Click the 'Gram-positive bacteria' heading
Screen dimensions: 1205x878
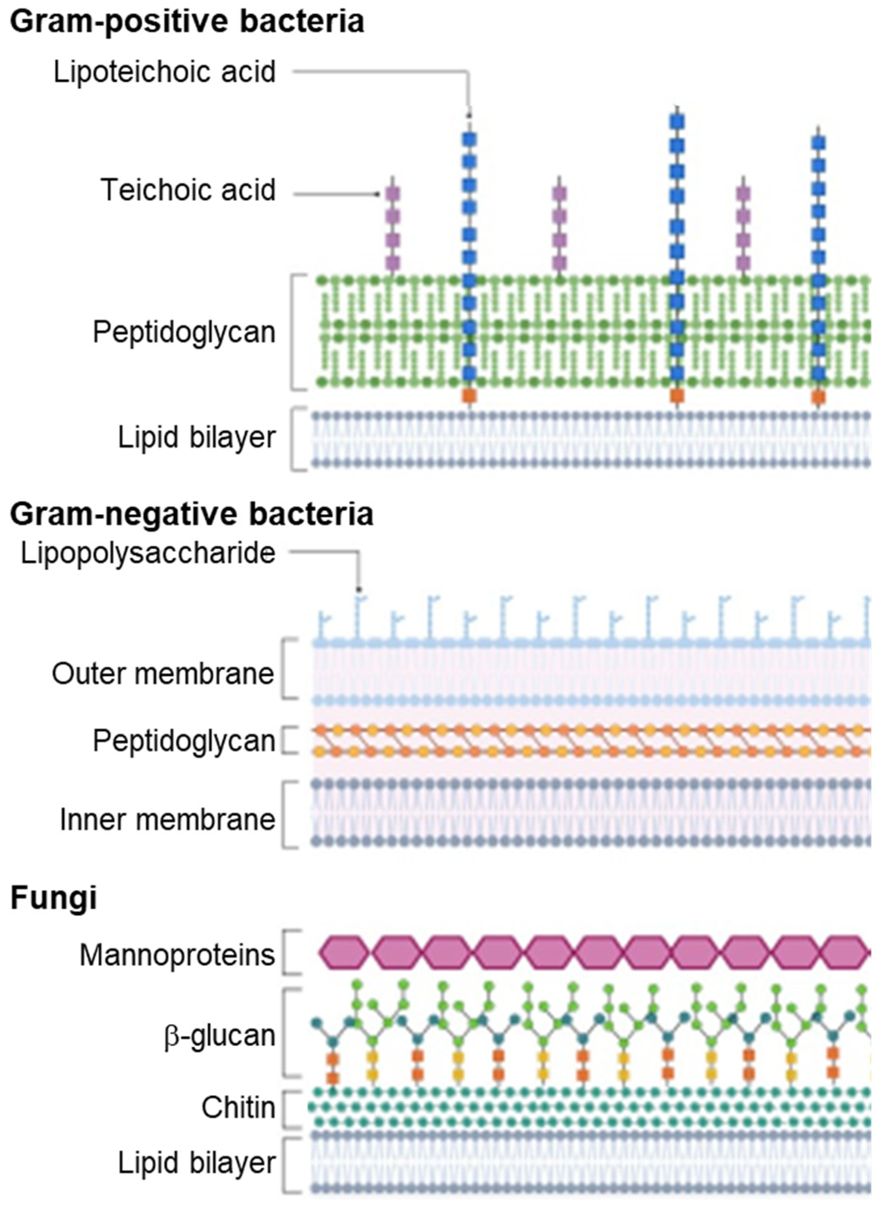[187, 22]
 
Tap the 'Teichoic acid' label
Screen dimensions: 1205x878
[188, 190]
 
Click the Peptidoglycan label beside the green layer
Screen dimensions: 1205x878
[184, 332]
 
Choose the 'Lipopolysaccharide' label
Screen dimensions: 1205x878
[148, 553]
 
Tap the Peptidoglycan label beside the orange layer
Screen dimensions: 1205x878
[184, 740]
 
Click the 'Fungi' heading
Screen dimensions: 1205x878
[53, 898]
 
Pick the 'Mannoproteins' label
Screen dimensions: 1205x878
[177, 955]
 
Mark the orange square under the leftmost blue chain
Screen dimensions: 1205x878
[469, 396]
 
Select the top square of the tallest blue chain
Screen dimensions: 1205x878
[677, 122]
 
